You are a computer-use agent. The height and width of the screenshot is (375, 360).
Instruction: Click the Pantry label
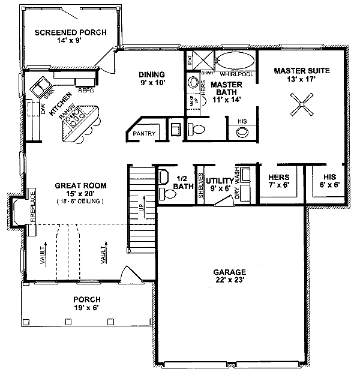(145, 133)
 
